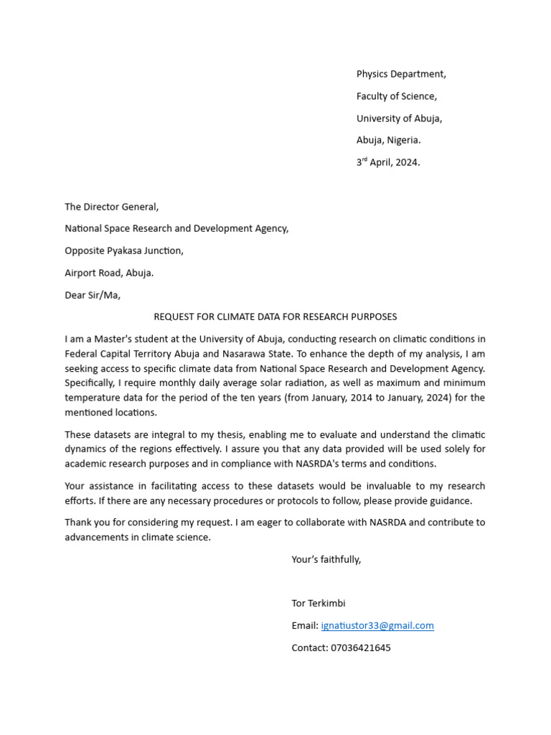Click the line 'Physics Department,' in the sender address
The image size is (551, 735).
(401, 74)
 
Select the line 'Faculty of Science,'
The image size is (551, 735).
(396, 96)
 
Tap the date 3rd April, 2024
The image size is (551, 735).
(388, 162)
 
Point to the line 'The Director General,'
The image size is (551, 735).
(111, 207)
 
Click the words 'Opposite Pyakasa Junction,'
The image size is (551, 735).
(124, 251)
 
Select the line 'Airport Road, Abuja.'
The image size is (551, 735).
(109, 273)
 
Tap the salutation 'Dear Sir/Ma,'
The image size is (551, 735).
(93, 295)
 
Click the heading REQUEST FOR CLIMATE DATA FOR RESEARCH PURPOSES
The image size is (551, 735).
(275, 317)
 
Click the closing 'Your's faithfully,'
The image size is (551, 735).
(326, 559)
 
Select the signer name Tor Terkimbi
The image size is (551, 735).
(318, 604)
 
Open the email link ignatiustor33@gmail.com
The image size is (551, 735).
(377, 626)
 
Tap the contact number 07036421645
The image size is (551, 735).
(359, 647)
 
